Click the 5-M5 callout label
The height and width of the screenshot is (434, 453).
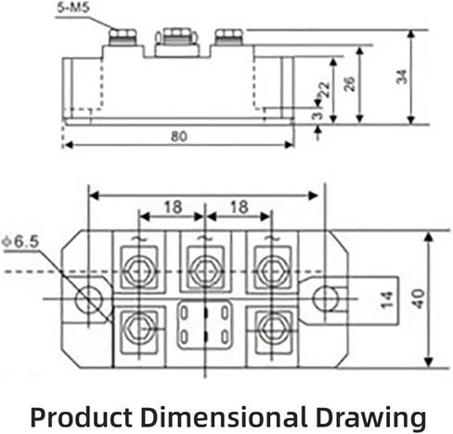click(73, 7)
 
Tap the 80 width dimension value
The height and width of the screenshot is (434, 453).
click(179, 137)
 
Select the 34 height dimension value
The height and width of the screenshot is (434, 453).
click(402, 77)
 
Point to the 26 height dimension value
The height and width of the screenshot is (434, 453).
click(350, 84)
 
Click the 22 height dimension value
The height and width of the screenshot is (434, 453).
click(325, 90)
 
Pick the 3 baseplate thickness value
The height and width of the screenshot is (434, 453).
click(317, 115)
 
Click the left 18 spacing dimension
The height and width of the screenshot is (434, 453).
click(173, 207)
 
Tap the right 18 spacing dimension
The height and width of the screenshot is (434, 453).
click(239, 207)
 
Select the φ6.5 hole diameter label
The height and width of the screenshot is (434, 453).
click(20, 242)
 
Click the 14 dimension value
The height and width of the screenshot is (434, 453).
click(387, 300)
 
